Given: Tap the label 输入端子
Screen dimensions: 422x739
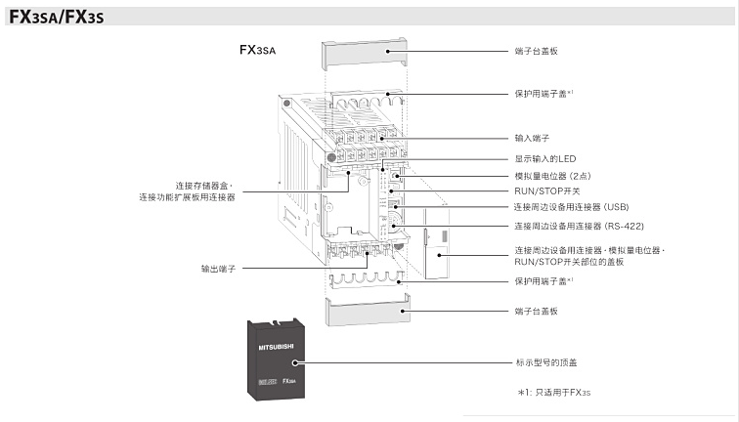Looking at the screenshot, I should tap(532, 139).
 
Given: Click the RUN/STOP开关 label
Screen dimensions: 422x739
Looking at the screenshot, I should tap(546, 191).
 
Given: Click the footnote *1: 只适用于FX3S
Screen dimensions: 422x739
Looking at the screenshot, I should tap(555, 392).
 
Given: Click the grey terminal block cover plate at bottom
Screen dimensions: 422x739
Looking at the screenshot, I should tap(362, 315).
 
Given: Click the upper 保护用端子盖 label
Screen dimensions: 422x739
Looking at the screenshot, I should tap(543, 94).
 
